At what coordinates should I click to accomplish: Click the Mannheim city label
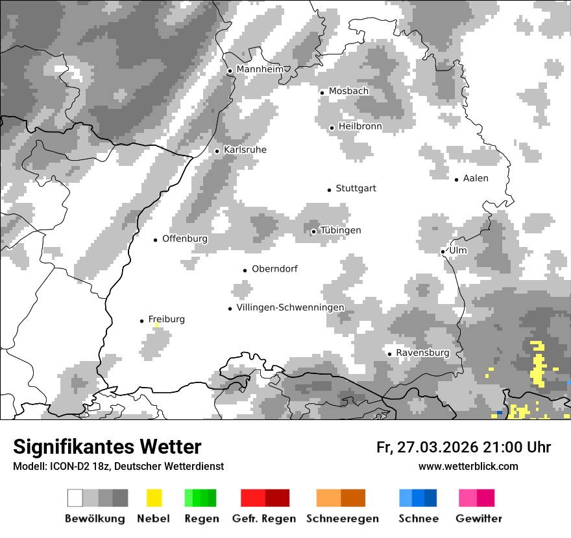[260, 69]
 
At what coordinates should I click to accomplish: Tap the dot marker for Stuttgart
[329, 189]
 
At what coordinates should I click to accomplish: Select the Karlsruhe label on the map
[245, 150]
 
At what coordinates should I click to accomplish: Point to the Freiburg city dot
[141, 321]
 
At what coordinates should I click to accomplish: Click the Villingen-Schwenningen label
[290, 307]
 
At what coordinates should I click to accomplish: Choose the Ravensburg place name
[422, 353]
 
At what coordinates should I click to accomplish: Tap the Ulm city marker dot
[443, 251]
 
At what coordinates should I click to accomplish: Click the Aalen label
[476, 178]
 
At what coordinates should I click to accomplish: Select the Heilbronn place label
[360, 126]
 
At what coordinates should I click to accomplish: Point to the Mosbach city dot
[322, 92]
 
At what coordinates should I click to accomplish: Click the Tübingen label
[341, 230]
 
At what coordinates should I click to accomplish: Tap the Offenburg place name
[185, 239]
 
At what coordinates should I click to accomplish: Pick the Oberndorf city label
[274, 268]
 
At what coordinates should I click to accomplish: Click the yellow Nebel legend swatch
[154, 498]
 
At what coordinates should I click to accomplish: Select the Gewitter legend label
[478, 519]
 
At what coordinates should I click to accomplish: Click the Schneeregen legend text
[342, 519]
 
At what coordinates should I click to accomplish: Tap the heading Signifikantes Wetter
[107, 447]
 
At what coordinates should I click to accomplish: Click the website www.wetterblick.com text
[468, 466]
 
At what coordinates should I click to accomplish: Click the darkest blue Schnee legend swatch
[431, 498]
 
